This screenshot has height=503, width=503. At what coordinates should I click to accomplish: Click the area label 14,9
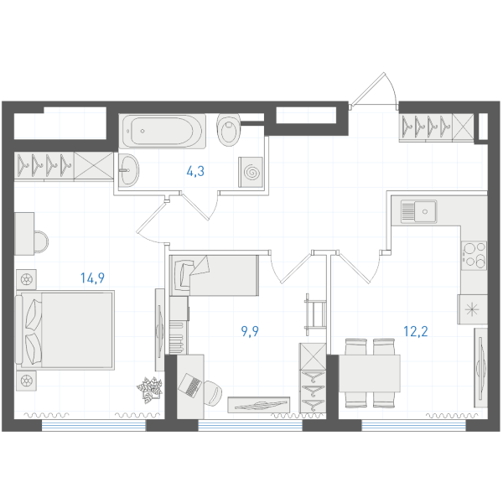pyautogui.click(x=92, y=278)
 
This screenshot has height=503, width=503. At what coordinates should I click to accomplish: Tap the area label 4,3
pyautogui.click(x=195, y=171)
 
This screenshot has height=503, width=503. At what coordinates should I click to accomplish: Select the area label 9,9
pyautogui.click(x=250, y=331)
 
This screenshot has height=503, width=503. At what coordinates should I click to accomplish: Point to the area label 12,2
pyautogui.click(x=416, y=331)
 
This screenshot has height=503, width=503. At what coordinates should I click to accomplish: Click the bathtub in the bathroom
pyautogui.click(x=163, y=131)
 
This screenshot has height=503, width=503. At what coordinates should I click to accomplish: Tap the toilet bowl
pyautogui.click(x=229, y=129)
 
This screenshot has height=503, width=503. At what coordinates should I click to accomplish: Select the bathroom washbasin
pyautogui.click(x=128, y=169)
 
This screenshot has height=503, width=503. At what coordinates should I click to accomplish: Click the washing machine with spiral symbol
pyautogui.click(x=251, y=172)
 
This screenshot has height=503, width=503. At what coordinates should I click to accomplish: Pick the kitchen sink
pyautogui.click(x=418, y=211)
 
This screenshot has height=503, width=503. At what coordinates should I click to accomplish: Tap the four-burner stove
pyautogui.click(x=474, y=256)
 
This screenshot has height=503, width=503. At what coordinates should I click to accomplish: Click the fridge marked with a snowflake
pyautogui.click(x=473, y=309)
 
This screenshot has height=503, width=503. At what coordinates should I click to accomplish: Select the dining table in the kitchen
pyautogui.click(x=370, y=373)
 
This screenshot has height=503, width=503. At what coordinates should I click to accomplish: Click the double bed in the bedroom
pyautogui.click(x=65, y=330)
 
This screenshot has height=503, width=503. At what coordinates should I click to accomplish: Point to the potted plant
pyautogui.click(x=150, y=390)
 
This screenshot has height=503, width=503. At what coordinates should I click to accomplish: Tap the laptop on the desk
pyautogui.click(x=190, y=385)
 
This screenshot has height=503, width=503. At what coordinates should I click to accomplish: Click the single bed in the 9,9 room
pyautogui.click(x=214, y=275)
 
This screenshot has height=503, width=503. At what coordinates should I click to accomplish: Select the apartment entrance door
pyautogui.click(x=374, y=91)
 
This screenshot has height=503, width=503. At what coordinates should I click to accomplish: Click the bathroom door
pyautogui.click(x=200, y=206)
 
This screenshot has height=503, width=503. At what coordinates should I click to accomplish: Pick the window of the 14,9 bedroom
pyautogui.click(x=94, y=426)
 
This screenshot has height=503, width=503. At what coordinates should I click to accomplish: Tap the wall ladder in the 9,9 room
pyautogui.click(x=315, y=314)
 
